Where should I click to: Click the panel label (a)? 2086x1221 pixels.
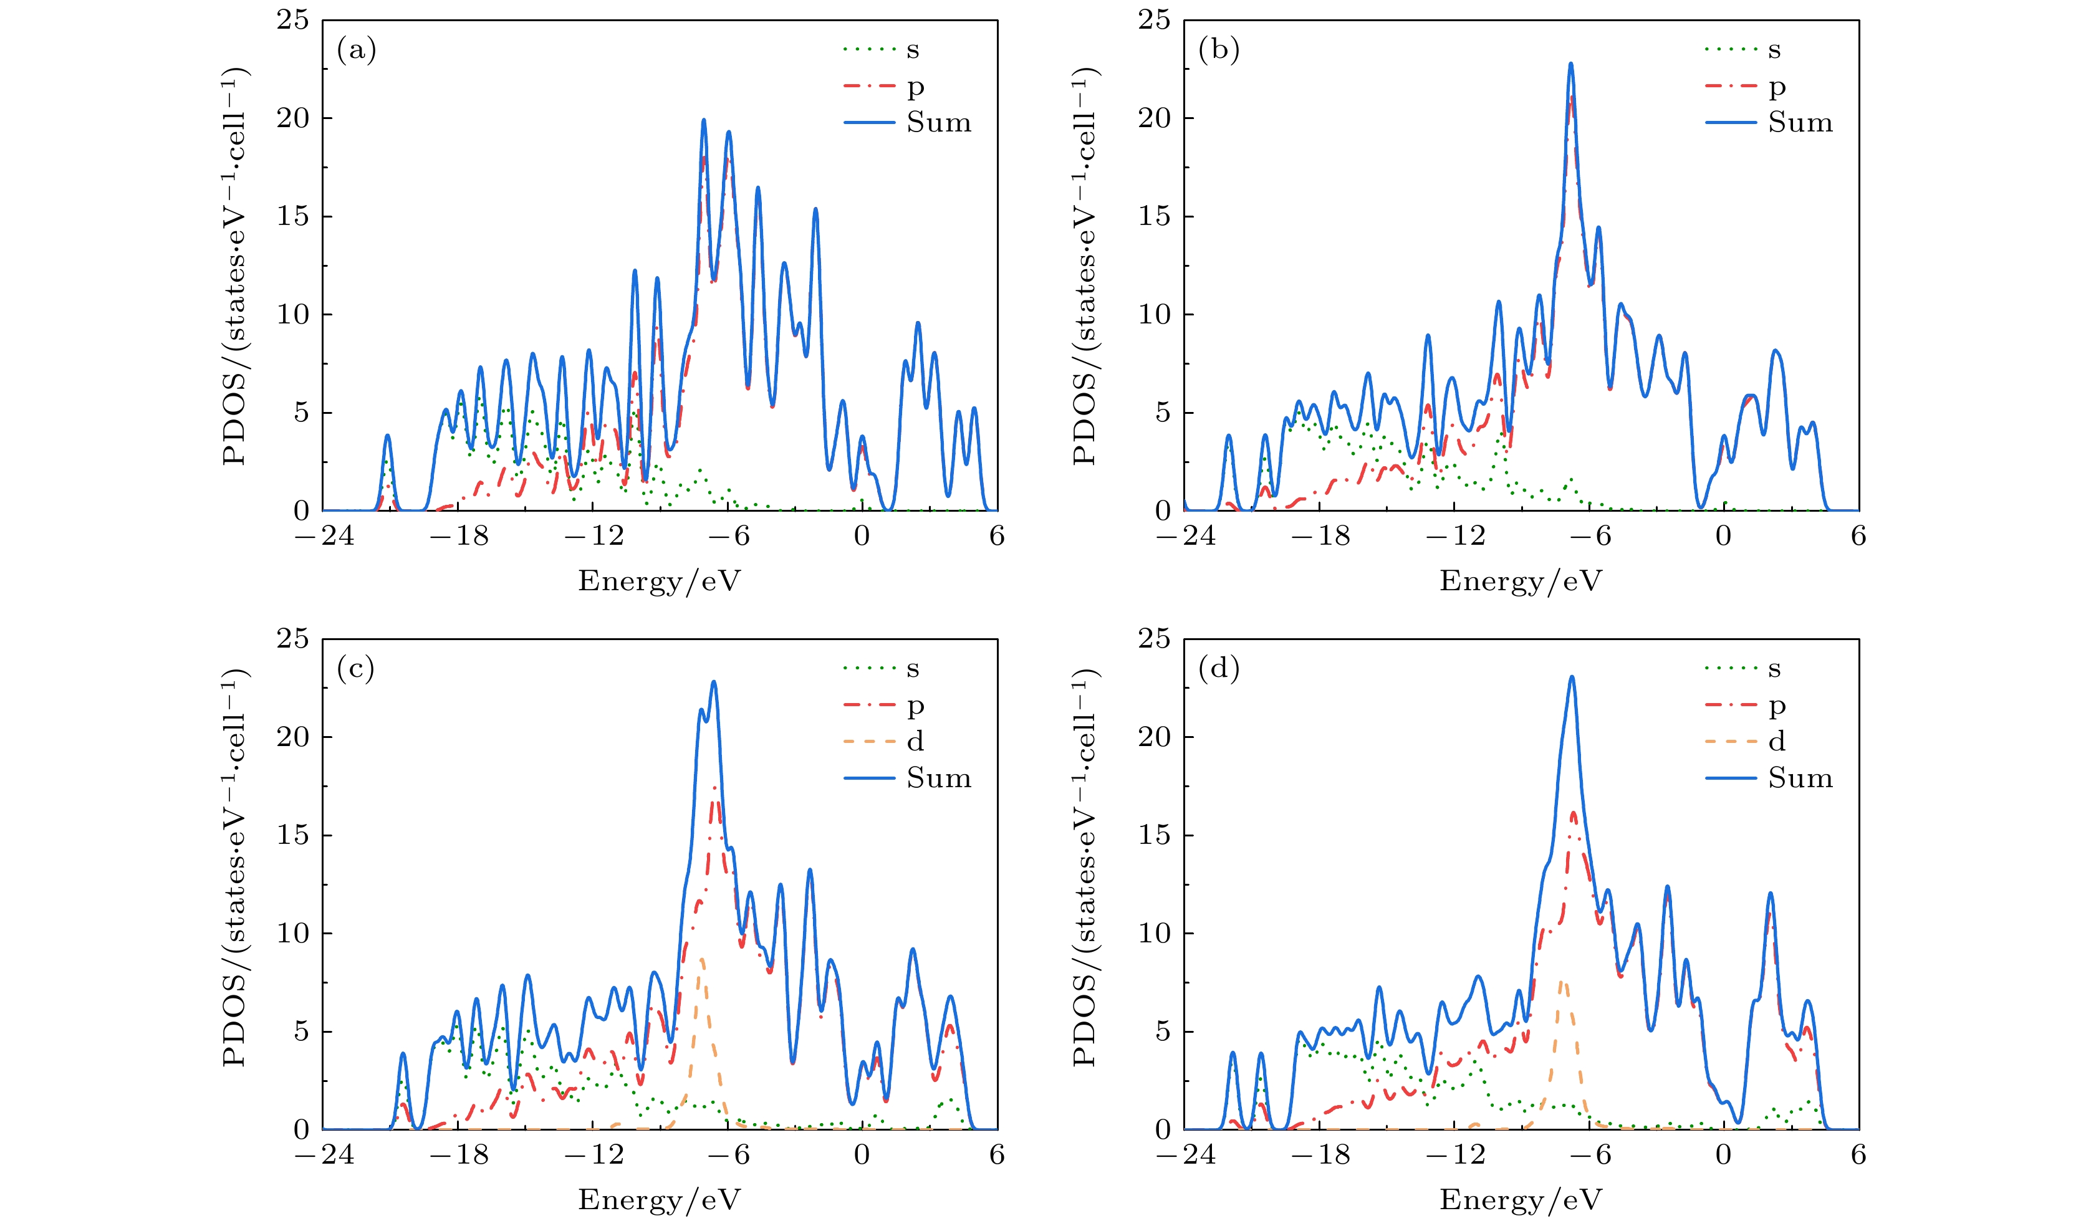(357, 50)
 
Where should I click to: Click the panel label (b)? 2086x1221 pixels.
(1218, 50)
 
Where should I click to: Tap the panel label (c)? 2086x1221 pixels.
(356, 669)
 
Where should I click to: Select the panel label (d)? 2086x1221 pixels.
(1218, 669)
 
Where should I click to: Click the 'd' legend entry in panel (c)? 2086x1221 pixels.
(915, 742)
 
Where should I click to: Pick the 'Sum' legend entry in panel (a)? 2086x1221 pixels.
(938, 123)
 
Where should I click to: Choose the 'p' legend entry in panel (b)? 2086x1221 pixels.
(1776, 86)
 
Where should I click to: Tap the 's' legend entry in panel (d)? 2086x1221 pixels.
(1774, 669)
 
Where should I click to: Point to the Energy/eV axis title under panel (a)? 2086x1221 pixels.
(659, 581)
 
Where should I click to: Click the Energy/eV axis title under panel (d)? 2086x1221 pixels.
(1521, 1199)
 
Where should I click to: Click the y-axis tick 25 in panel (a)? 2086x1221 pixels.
(292, 20)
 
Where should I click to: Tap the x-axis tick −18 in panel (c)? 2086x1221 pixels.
(459, 1155)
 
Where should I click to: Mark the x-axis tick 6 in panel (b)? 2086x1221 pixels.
(1858, 537)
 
